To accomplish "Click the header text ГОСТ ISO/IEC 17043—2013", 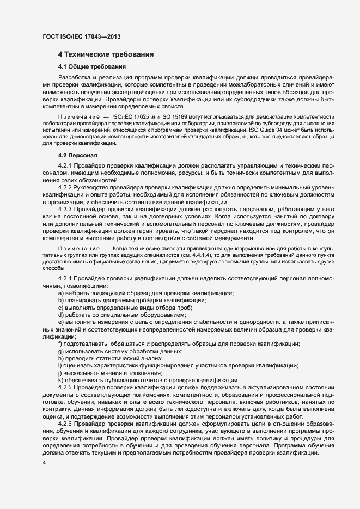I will [x=81, y=36].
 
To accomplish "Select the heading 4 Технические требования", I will [x=106, y=54].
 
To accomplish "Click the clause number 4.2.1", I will [x=65, y=165].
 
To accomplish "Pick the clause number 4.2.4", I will [x=65, y=279].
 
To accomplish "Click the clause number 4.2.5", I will [x=65, y=386].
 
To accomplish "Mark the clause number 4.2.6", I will [x=65, y=423].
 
